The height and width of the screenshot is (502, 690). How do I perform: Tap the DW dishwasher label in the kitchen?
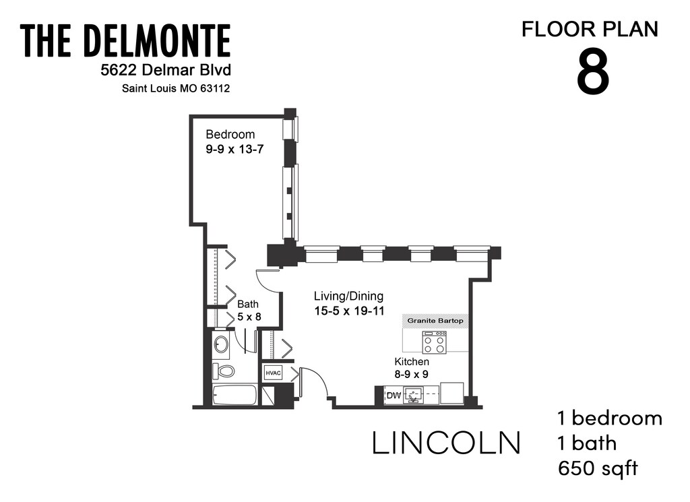coord(393,395)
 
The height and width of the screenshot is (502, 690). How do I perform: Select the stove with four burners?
coord(433,343)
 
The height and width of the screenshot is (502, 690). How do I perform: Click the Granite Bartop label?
coord(435,321)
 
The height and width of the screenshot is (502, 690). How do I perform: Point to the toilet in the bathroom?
coord(224,371)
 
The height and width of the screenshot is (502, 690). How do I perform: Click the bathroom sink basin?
coord(222,345)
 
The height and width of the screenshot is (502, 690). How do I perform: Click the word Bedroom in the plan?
coord(230,133)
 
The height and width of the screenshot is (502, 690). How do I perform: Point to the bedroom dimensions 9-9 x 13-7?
coord(234,149)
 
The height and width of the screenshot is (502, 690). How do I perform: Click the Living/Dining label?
coord(349,296)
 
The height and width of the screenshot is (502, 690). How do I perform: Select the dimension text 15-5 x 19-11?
coord(350,311)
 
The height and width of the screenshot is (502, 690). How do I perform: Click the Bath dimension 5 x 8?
coord(248,316)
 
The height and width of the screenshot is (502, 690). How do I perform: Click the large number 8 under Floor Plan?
coord(593,73)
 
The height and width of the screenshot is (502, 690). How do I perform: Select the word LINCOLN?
coord(447,443)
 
